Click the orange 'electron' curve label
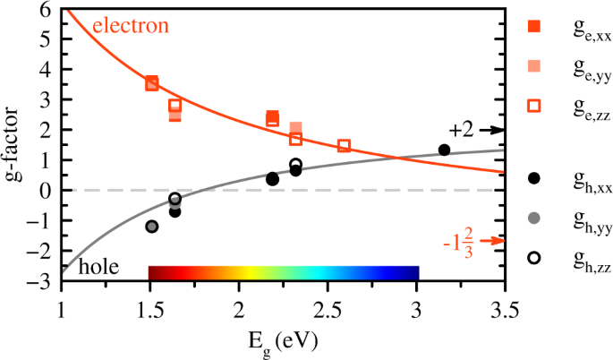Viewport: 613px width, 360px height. point(131,26)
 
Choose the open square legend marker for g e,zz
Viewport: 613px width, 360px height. point(534,106)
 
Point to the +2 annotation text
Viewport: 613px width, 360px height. point(461,130)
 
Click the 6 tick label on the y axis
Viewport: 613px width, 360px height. point(44,10)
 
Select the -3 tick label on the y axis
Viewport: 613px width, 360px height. point(39,281)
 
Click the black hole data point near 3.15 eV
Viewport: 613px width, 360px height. point(444,150)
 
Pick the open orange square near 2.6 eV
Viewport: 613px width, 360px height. point(345,146)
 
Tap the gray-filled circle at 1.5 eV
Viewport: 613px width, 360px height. point(151,227)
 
